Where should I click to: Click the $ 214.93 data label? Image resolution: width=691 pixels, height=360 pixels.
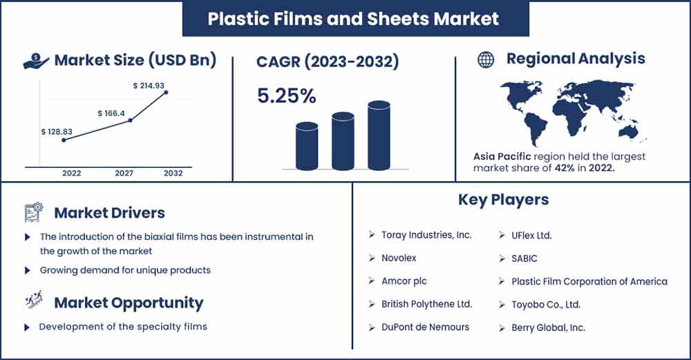point(149,86)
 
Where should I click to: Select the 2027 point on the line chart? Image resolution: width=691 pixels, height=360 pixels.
point(130,120)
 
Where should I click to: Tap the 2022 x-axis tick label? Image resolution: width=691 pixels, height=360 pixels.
point(71,173)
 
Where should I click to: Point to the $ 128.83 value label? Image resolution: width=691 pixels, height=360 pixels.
point(57,132)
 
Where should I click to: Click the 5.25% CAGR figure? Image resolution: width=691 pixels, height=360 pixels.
point(287,96)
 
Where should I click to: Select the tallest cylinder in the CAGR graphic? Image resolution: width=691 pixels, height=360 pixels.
point(379,135)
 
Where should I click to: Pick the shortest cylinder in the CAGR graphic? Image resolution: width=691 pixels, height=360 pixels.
point(307,146)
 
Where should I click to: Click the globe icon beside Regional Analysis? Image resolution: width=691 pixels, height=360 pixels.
point(486,59)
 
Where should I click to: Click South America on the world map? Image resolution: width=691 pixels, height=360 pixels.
point(535,127)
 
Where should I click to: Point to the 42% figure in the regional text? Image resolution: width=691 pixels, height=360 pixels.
point(564,168)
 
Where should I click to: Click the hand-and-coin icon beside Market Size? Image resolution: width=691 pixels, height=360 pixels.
point(36,61)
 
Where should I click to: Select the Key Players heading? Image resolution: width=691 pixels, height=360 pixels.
point(503,200)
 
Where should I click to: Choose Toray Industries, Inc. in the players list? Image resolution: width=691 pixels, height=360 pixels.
point(426,235)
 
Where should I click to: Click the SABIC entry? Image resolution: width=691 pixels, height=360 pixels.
point(524,258)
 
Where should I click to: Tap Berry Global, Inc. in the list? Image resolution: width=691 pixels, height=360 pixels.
point(548,328)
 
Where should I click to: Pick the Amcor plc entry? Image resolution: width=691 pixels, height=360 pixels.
point(404,281)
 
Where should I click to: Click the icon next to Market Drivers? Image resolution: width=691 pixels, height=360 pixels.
point(33,212)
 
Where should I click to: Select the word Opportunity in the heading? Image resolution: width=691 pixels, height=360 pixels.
point(157,303)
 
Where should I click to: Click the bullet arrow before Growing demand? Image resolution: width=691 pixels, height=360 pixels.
point(28,270)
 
